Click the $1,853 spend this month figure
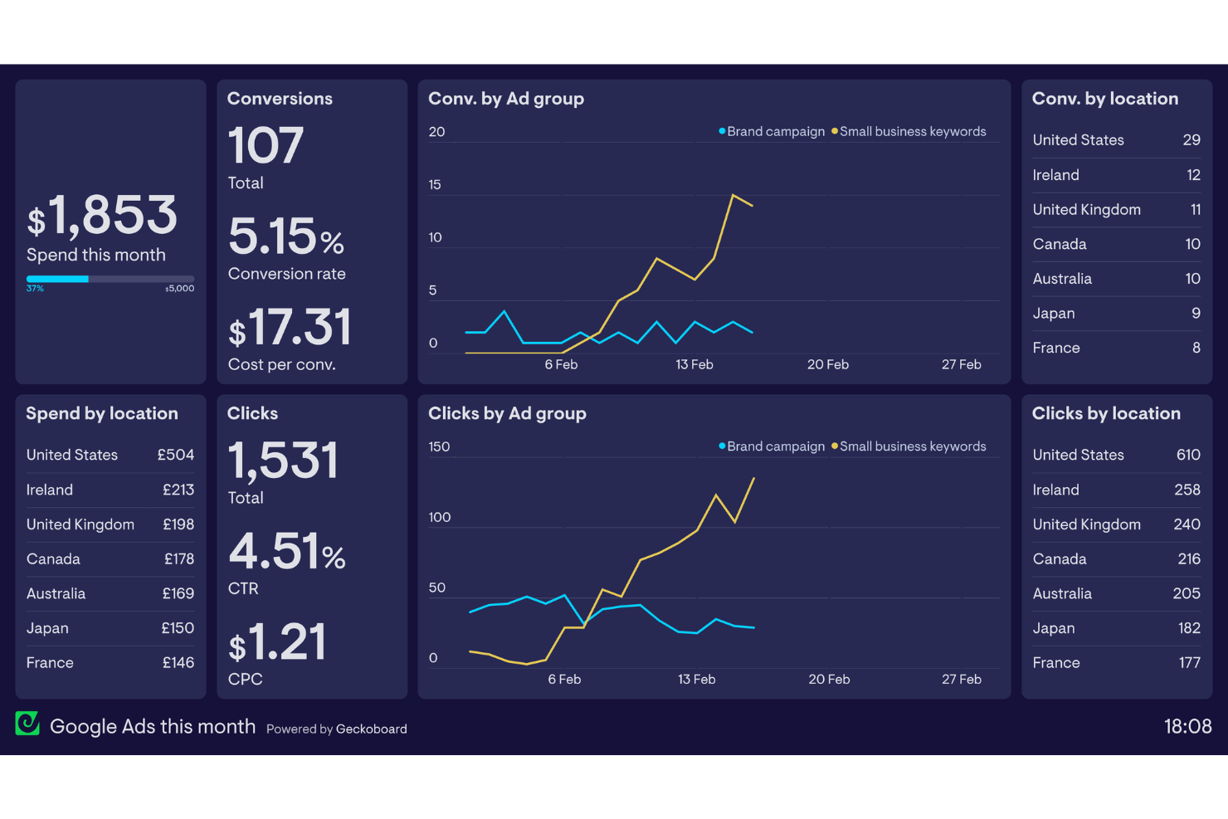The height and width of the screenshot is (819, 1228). tap(102, 216)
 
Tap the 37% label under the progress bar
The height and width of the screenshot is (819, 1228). tap(35, 289)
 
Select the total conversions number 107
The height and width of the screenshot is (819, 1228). tap(266, 146)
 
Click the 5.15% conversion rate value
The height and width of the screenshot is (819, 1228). tap(285, 237)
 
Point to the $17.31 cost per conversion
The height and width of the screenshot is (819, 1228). tap(290, 328)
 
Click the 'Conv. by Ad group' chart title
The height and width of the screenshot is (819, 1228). tap(506, 99)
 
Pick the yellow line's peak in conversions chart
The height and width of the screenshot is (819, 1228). tap(733, 196)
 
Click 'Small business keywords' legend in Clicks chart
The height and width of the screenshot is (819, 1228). tap(912, 446)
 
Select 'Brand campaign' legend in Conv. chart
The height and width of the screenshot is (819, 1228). tap(775, 132)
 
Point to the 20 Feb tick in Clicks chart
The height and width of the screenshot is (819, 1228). tap(829, 679)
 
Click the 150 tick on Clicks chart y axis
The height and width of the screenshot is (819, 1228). tap(439, 446)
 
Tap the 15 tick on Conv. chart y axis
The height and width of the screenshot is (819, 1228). tap(435, 185)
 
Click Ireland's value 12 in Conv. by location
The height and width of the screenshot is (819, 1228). tap(1193, 175)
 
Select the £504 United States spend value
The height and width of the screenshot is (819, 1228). tap(176, 455)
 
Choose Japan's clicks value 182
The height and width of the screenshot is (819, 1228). tap(1189, 628)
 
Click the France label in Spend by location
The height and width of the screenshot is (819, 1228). tap(50, 663)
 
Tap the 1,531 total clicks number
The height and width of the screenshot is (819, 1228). tap(283, 461)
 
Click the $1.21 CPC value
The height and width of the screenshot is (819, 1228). tap(277, 643)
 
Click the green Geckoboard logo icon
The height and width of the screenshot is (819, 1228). tap(27, 724)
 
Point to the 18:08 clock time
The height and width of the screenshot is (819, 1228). tap(1187, 727)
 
